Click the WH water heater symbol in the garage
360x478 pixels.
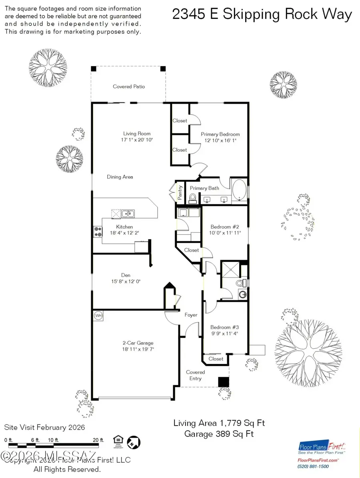[x=98, y=315]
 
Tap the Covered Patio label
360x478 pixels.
[x=129, y=86]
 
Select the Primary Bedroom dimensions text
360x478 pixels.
[x=220, y=141]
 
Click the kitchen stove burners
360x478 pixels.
[x=98, y=231]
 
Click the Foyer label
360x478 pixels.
[x=191, y=315]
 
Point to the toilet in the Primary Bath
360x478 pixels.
[x=193, y=198]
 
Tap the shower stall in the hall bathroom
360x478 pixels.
[x=230, y=269]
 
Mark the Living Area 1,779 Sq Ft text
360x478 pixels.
[x=219, y=423]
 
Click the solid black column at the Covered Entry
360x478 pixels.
[x=223, y=382]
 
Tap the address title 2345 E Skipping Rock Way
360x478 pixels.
[x=262, y=15]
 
